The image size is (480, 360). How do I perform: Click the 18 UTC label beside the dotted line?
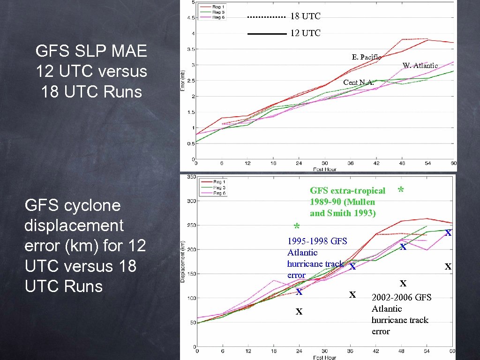[305, 16]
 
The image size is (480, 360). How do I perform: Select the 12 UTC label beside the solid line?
[305, 33]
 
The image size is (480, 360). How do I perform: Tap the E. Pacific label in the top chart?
[367, 57]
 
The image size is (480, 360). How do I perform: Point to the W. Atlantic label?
[420, 66]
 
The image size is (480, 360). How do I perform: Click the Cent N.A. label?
[359, 82]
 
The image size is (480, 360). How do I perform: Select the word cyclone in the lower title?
[90, 205]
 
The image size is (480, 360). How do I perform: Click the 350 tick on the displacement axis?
[192, 177]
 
